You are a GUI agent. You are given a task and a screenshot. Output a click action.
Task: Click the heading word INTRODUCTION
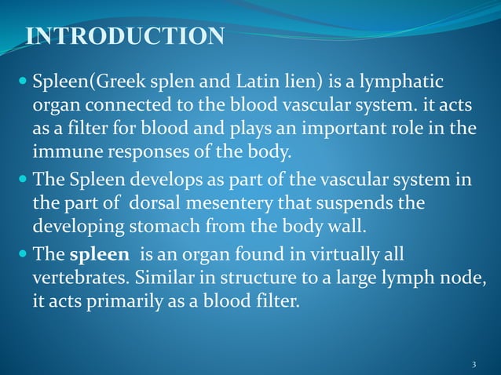[126, 36]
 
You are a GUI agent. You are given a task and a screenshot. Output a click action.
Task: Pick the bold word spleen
[97, 257]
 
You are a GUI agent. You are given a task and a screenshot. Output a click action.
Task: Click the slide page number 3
[474, 366]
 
